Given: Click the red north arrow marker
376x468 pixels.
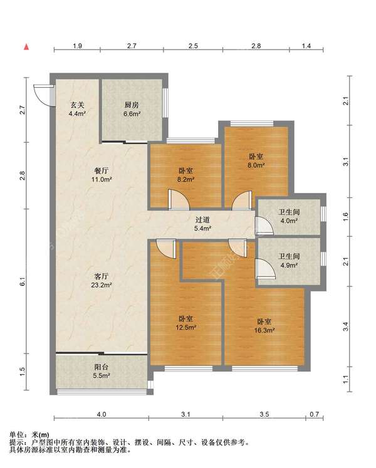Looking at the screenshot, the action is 26,47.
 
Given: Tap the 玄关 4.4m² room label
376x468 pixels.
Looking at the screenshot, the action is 77,109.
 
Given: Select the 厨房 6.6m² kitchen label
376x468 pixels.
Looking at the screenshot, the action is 132,109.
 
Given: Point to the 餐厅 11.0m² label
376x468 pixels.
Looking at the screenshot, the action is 102,175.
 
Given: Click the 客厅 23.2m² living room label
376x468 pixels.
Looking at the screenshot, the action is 102,280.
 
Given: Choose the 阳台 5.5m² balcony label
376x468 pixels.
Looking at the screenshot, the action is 102,371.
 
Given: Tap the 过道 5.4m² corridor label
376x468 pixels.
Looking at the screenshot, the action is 203,224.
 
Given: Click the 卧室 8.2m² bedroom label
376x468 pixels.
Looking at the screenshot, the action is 185,175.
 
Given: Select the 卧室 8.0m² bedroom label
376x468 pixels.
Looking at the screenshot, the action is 256,160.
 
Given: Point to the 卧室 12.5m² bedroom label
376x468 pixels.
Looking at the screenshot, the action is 185,323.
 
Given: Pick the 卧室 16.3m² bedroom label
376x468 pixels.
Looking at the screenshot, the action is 264,326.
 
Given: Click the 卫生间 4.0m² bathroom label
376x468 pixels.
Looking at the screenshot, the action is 289,216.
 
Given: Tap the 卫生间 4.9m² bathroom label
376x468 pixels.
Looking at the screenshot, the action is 289,261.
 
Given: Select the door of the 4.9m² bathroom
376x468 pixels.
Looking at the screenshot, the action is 265,269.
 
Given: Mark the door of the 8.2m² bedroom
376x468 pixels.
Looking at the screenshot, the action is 179,199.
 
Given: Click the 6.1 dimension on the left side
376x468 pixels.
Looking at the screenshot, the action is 23,281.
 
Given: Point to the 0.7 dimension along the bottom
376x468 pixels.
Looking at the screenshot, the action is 314,414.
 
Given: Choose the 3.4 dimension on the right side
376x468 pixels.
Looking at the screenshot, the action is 345,327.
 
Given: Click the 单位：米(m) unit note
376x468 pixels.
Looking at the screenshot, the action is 29,435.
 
